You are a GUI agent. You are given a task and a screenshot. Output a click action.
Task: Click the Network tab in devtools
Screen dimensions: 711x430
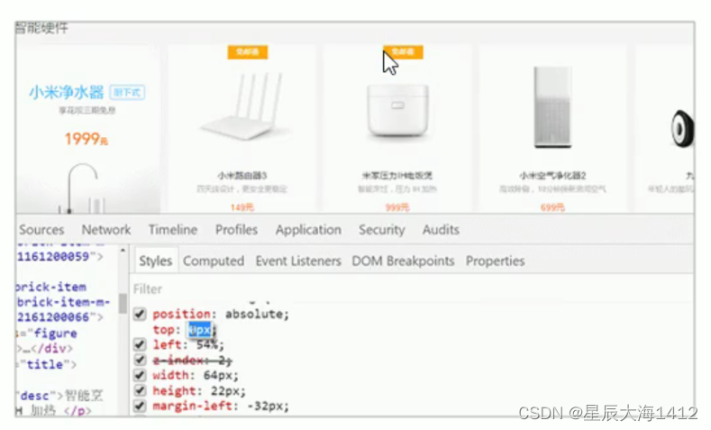pos(106,230)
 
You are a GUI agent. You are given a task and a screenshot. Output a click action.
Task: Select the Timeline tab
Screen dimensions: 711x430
pos(173,230)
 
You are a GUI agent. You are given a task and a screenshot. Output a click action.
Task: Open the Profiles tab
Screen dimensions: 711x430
pos(236,230)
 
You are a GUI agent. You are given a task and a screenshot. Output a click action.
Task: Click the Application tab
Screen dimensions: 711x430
pos(308,230)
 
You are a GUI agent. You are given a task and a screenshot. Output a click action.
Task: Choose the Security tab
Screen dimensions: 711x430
pos(381,230)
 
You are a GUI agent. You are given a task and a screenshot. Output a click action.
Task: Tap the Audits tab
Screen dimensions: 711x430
pos(441,230)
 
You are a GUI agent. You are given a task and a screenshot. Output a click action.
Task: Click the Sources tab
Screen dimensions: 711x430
pos(41,230)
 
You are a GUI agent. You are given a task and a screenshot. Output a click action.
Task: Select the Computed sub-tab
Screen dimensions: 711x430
pos(214,261)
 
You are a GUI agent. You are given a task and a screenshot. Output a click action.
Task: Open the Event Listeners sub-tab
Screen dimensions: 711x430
pos(297,261)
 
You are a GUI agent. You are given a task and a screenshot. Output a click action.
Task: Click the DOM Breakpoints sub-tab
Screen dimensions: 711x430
pos(403,261)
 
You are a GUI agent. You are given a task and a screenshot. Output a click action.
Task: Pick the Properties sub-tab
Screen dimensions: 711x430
pos(495,261)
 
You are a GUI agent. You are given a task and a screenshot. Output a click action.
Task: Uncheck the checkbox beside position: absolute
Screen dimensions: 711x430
pos(140,314)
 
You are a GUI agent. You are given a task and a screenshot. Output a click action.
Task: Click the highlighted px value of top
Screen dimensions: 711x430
pos(199,329)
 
